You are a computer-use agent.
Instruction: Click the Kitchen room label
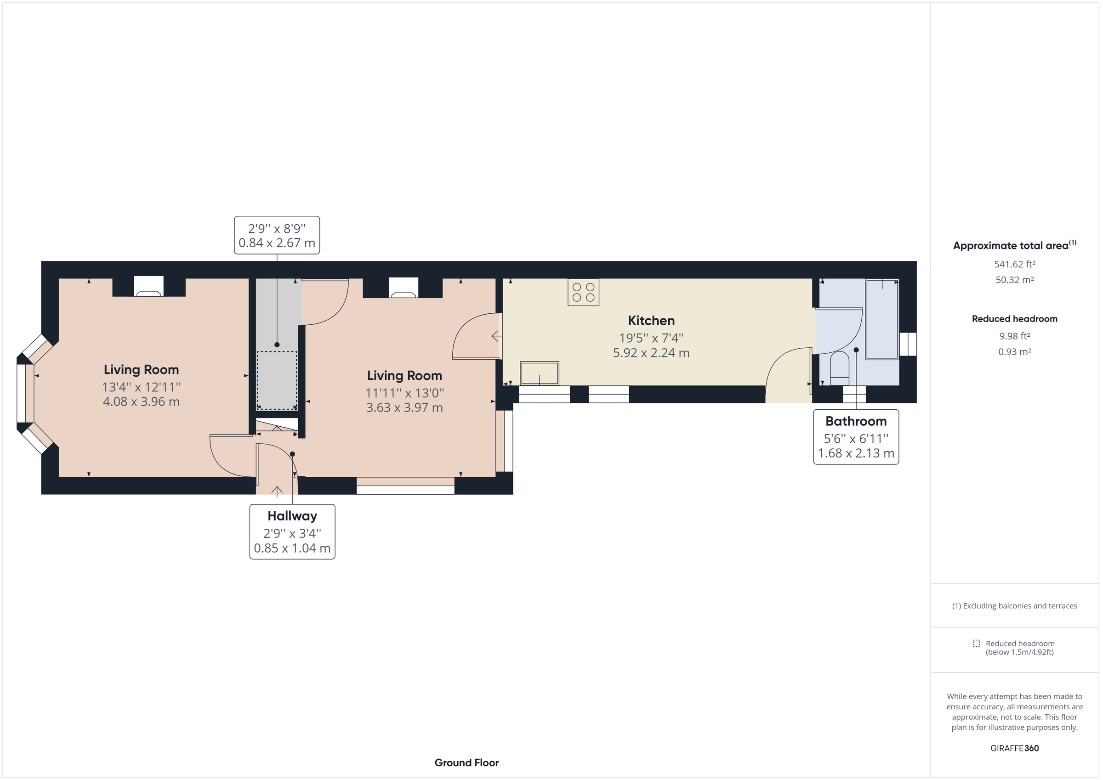651,320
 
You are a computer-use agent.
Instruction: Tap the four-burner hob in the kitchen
583,292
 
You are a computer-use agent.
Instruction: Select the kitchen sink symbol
540,373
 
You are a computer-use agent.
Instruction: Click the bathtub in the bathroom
882,319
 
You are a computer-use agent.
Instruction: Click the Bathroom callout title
856,421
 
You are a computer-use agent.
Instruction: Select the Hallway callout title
292,516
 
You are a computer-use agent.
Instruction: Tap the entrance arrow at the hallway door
277,491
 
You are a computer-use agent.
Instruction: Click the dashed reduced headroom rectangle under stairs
277,380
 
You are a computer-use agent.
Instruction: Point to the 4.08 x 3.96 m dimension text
141,401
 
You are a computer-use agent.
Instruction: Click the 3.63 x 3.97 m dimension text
404,408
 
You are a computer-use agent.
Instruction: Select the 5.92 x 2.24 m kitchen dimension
651,353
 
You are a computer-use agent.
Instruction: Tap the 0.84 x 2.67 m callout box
277,235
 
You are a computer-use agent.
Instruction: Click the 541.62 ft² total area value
1014,264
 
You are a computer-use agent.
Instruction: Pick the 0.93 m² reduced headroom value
1014,351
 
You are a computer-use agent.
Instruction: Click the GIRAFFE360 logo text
1014,748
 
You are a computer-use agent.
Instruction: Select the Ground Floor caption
466,762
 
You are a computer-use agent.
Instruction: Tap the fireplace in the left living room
148,287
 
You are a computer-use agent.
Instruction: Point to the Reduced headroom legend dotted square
976,643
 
